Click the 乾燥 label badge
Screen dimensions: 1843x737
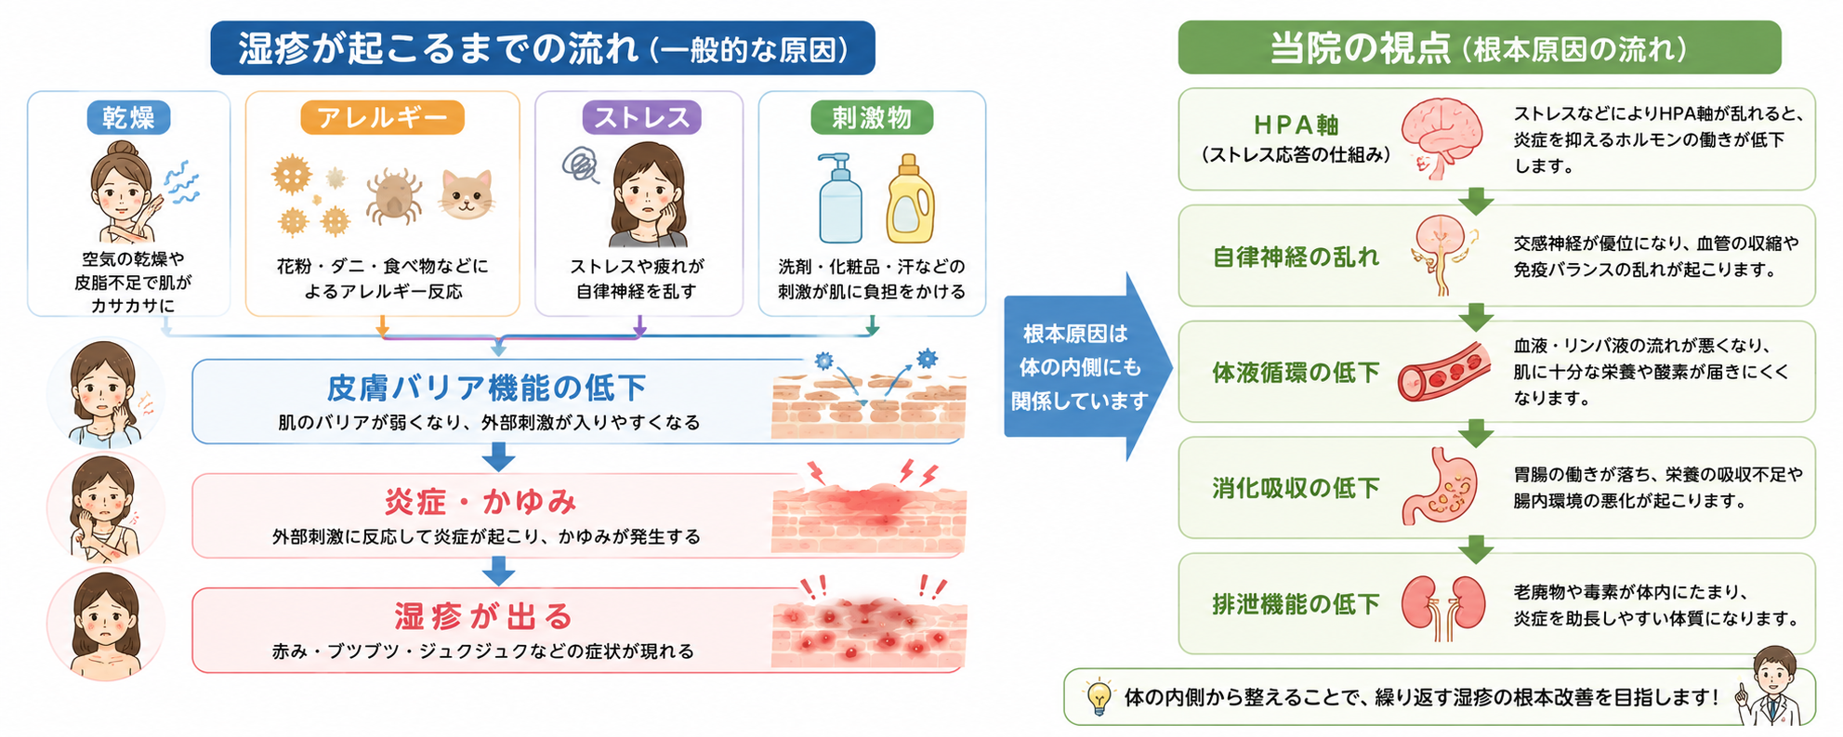[x=128, y=118]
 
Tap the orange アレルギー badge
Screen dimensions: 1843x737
[x=382, y=118]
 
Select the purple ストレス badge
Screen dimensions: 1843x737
[x=641, y=118]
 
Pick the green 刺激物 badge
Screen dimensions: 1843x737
[x=871, y=118]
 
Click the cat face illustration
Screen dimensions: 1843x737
[x=467, y=194]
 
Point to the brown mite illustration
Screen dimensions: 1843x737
[x=394, y=197]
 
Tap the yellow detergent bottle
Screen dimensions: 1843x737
[x=909, y=199]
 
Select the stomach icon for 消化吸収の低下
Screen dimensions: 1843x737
[x=1440, y=486]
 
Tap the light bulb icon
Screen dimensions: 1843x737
[x=1099, y=696]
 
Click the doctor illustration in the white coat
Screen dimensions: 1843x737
[x=1773, y=687]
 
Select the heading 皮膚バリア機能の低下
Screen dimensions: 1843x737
[x=486, y=388]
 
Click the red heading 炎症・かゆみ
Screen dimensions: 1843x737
[x=480, y=502]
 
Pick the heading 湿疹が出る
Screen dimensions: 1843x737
[x=483, y=616]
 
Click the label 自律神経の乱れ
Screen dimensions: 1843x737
[x=1296, y=257]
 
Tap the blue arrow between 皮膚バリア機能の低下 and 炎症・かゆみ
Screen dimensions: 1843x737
[x=498, y=457]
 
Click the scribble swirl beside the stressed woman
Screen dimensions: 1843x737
[x=581, y=165]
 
